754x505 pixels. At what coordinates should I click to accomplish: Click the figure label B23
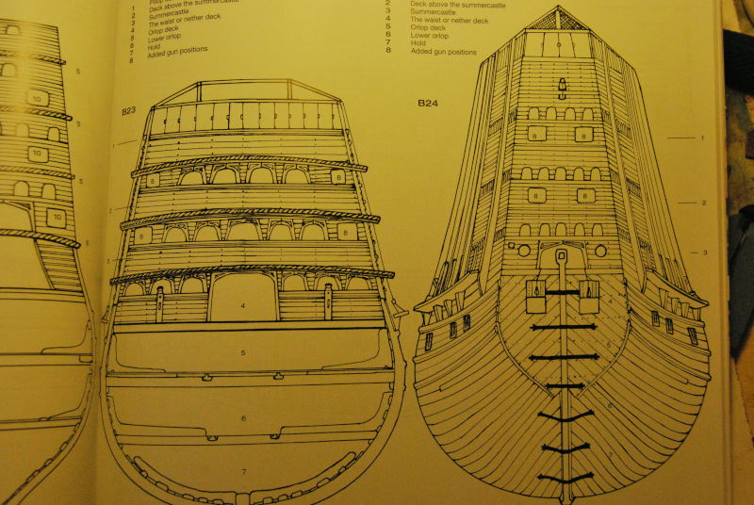[128, 111]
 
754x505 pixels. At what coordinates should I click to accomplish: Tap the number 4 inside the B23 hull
[242, 306]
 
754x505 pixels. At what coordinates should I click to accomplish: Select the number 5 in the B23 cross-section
[242, 353]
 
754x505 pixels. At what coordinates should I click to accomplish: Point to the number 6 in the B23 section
[242, 418]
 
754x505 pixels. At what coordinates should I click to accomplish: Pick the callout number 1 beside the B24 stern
[702, 138]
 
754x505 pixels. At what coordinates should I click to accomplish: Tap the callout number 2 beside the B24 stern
[704, 203]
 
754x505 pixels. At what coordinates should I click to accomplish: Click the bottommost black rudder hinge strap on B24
[565, 478]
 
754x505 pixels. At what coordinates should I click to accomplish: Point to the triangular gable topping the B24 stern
[558, 19]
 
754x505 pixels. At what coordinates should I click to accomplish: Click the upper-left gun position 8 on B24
[536, 136]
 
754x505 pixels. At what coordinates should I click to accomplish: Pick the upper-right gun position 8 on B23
[336, 176]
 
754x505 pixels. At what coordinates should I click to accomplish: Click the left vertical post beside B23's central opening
[160, 304]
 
